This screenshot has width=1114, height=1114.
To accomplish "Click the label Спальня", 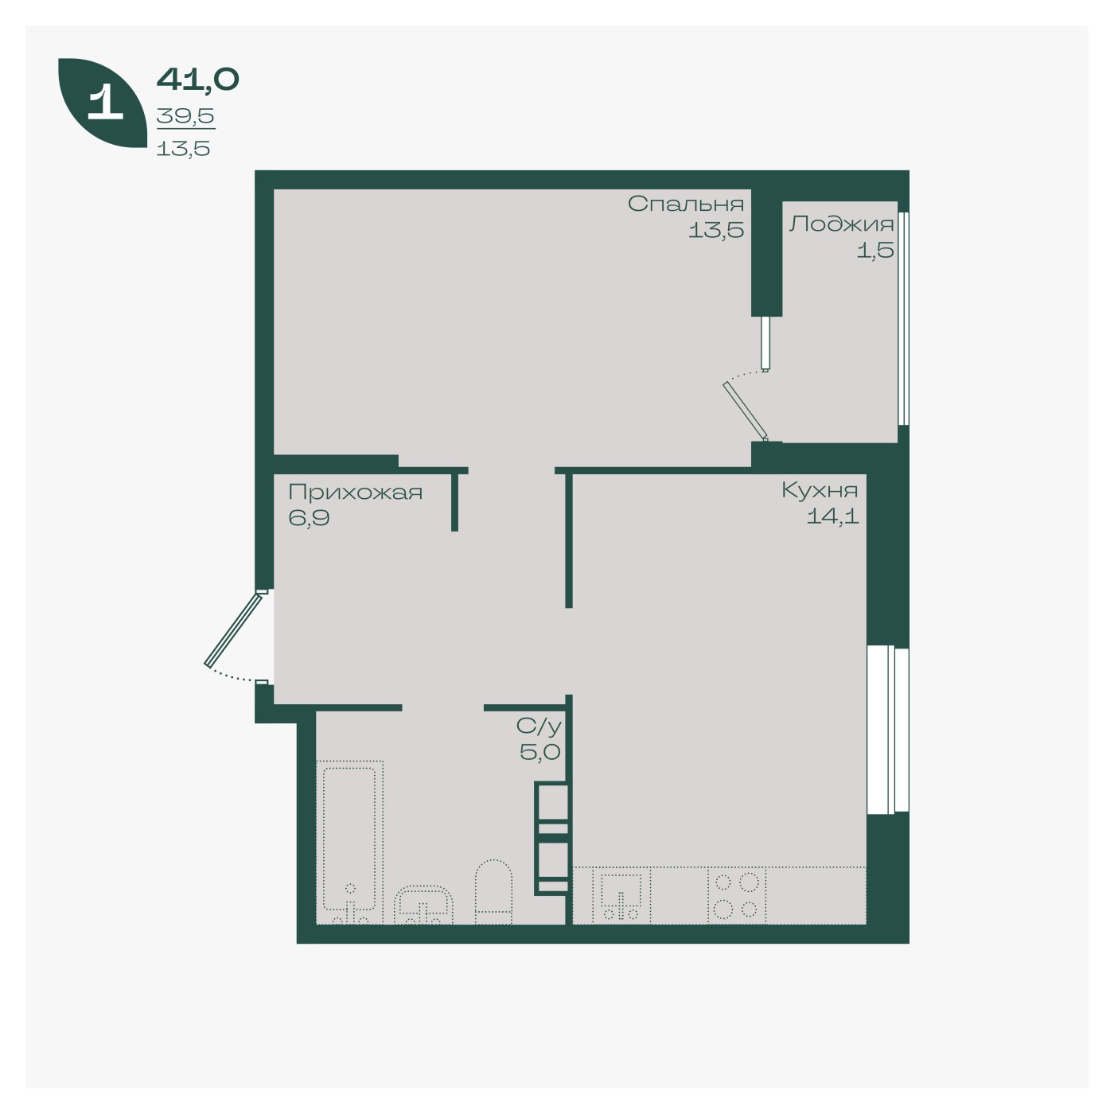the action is click(686, 204).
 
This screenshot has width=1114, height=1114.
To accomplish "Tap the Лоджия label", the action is click(842, 224).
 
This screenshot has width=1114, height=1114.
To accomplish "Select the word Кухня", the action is click(820, 490).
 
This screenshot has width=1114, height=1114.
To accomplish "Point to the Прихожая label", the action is click(355, 493).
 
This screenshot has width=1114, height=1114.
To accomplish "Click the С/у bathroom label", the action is click(539, 726).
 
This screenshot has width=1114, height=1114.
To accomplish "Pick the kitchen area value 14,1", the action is click(832, 516).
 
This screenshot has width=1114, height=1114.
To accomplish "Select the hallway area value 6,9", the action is click(309, 517).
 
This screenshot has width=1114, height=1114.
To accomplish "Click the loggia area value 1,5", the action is click(874, 251).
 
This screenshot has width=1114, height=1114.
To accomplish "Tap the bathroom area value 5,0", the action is click(540, 752).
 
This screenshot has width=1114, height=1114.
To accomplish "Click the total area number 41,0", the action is click(197, 79).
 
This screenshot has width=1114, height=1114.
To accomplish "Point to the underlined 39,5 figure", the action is click(185, 116).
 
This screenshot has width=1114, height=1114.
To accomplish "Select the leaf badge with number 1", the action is click(103, 103).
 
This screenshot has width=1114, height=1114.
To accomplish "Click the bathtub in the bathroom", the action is click(350, 842).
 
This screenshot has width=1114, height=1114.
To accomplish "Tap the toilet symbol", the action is click(493, 891).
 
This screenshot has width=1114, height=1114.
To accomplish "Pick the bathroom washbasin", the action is click(424, 904).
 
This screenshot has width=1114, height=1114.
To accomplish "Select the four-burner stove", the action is click(737, 895).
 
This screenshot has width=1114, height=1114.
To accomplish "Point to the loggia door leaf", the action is click(746, 411).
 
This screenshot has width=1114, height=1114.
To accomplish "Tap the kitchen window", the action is click(888, 730).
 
